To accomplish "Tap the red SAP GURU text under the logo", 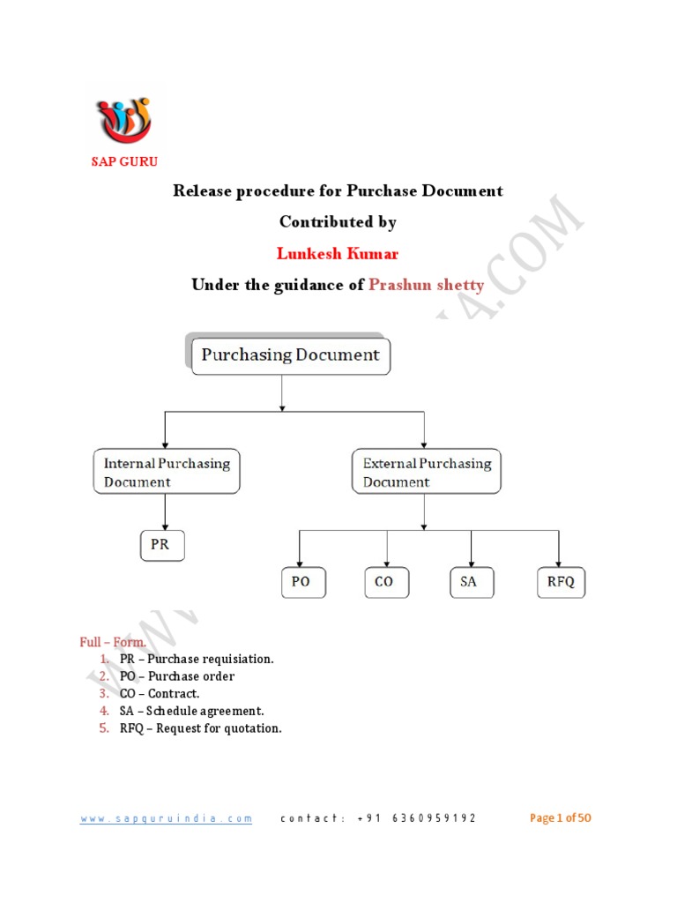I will click(x=124, y=161).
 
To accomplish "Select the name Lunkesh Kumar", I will click(x=338, y=254).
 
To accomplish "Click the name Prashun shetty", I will click(x=427, y=285).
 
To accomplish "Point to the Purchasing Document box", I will click(x=290, y=355).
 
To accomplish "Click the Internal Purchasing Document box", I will click(x=167, y=473).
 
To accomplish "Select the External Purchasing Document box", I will click(x=427, y=473).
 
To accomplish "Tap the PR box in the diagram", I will click(x=160, y=545).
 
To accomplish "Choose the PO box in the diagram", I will click(x=301, y=583).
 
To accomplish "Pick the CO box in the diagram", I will click(x=385, y=583).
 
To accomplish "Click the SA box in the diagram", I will click(x=469, y=583).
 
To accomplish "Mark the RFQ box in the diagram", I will click(x=561, y=583).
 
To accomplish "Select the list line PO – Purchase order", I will click(x=177, y=676).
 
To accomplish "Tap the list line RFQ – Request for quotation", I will click(x=201, y=728).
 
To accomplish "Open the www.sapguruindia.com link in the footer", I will click(x=167, y=818).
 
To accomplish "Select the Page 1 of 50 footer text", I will click(x=560, y=818).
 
